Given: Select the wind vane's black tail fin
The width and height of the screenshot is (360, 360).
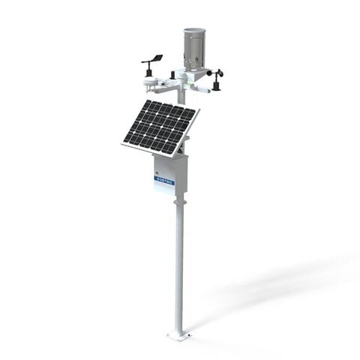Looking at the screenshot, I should [x=158, y=55].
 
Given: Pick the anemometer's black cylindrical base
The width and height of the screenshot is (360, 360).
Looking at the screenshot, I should [x=218, y=85].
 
